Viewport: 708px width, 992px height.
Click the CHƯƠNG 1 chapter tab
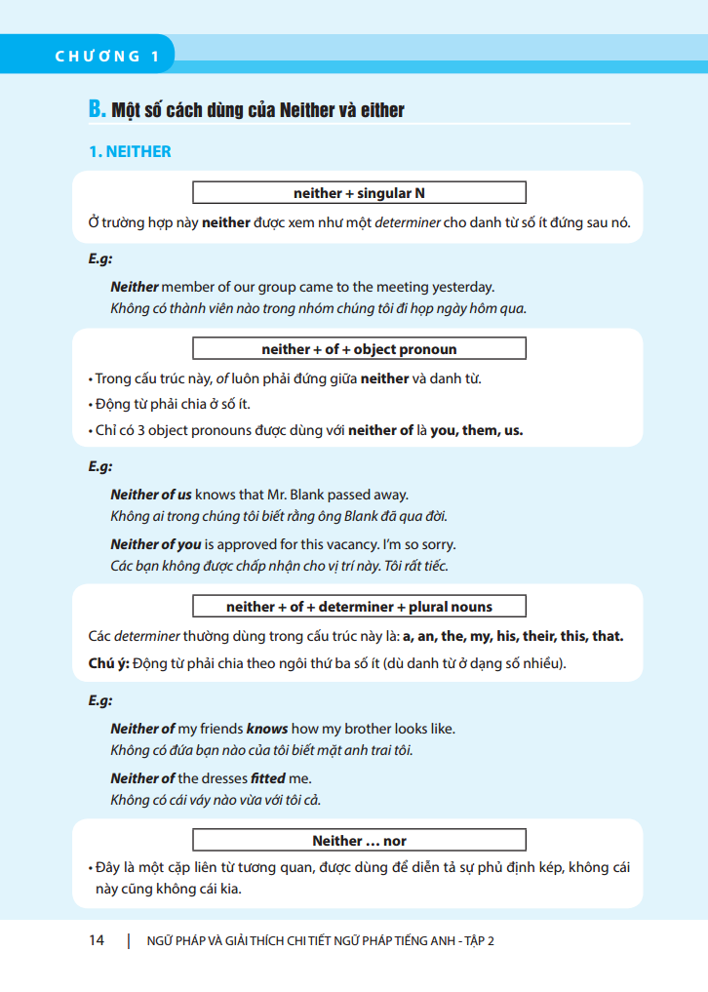[x=108, y=56]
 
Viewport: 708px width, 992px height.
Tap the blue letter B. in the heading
[x=97, y=108]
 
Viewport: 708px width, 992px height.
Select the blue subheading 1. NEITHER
[x=130, y=151]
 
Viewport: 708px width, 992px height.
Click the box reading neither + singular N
[x=359, y=192]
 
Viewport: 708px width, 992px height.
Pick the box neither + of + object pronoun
[x=359, y=348]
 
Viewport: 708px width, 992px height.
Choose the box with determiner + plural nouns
[x=359, y=606]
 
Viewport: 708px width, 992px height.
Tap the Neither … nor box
[x=359, y=840]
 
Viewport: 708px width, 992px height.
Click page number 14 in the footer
[x=97, y=940]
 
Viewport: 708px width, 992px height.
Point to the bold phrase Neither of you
[x=155, y=544]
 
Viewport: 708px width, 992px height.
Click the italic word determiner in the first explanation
[x=408, y=222]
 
